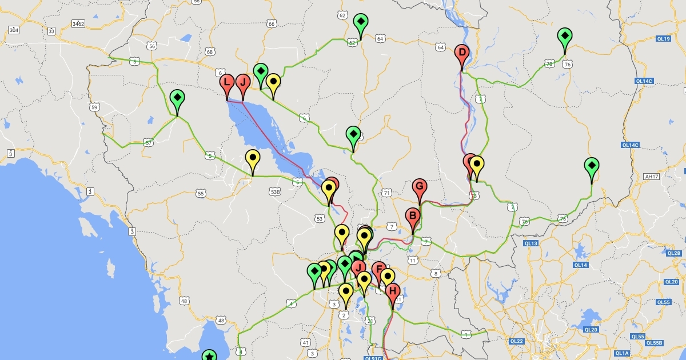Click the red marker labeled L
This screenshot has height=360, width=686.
[x=227, y=83]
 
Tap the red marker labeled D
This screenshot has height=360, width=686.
[x=462, y=55]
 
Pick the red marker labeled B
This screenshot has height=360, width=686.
[x=412, y=217]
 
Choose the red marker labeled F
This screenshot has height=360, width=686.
[x=378, y=270]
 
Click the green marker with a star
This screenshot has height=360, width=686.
[x=210, y=355]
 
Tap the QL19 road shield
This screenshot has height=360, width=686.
[x=663, y=39]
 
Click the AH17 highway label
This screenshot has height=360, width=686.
[x=651, y=176]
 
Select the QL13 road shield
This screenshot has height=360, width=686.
[x=531, y=243]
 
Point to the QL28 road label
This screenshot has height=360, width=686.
[x=673, y=253]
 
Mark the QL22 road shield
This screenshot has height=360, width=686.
[x=517, y=341]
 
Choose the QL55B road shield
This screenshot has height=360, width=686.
[x=654, y=343]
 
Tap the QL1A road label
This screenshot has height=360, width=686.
[x=621, y=353]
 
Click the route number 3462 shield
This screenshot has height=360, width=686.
[x=78, y=23]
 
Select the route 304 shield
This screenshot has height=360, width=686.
[x=14, y=30]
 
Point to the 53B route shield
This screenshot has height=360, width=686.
[x=276, y=192]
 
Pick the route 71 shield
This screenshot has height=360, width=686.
[x=387, y=193]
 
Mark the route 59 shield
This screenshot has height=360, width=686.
[x=94, y=107]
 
